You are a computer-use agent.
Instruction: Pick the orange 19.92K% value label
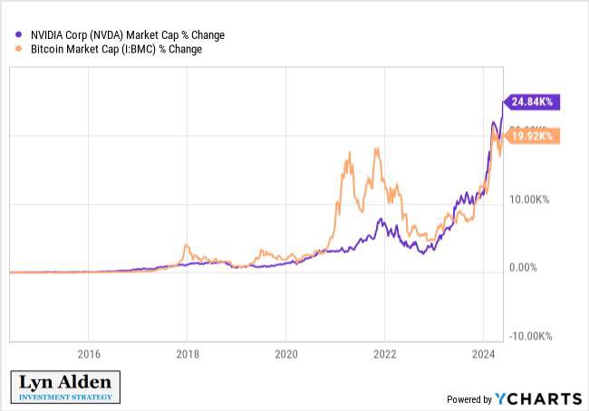[x=533, y=137]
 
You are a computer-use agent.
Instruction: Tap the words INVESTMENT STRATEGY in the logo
[x=65, y=397]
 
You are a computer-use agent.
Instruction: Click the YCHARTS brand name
[x=538, y=398]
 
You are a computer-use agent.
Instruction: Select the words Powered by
[x=469, y=399]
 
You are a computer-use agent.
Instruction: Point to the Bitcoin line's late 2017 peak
[x=186, y=244]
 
